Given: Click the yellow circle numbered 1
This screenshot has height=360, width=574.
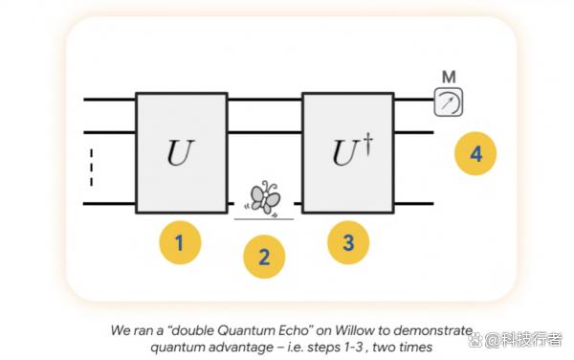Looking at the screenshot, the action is click(x=180, y=242).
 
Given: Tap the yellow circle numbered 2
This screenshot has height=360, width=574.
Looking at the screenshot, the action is click(x=264, y=257).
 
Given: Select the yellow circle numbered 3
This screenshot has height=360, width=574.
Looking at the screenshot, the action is click(x=348, y=242).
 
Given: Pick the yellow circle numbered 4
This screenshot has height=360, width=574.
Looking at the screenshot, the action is click(x=475, y=153).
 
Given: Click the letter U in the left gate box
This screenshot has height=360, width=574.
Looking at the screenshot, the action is click(x=181, y=152).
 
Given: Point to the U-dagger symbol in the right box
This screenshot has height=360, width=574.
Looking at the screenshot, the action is click(x=352, y=150).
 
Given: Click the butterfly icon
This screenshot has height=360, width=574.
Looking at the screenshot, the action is click(x=265, y=197).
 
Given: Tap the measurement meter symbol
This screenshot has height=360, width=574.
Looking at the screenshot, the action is click(x=449, y=102).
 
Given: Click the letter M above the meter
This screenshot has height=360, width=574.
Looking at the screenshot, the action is click(x=449, y=77).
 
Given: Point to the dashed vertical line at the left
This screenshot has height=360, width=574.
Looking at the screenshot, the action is click(x=92, y=168).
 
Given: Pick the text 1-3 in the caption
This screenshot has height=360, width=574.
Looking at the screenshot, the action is click(x=353, y=347).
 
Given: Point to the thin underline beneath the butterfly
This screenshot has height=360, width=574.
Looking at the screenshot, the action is click(x=264, y=219).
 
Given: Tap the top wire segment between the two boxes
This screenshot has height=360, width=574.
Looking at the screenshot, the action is click(x=265, y=100).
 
